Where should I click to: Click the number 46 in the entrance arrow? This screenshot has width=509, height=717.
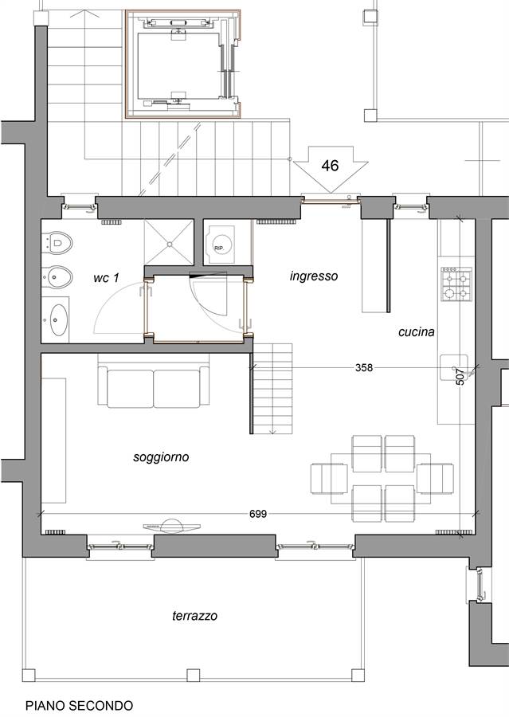(330, 165)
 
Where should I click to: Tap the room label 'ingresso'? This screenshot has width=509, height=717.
(314, 276)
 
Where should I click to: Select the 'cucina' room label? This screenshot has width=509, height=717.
(416, 331)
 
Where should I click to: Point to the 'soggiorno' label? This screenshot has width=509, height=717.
(161, 457)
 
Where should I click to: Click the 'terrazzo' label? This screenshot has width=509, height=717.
(195, 616)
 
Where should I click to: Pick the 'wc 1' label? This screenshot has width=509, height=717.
(106, 277)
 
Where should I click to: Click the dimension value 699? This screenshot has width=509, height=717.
(258, 514)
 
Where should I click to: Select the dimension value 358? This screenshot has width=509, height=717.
(364, 367)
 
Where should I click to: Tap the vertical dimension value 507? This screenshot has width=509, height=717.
(460, 377)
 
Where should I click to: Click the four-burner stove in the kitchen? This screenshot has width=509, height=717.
(456, 284)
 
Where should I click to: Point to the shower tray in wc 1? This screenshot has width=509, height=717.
(169, 242)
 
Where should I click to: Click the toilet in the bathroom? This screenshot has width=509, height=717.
(57, 242)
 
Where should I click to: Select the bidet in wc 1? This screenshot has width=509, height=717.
(57, 276)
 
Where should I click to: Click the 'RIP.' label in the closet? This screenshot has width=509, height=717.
(218, 248)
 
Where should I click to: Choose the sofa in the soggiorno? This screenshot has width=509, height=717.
(154, 387)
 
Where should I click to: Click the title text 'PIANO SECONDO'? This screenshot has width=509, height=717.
(79, 706)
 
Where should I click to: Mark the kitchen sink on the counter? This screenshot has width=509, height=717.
(454, 367)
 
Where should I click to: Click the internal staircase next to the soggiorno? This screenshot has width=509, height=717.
(272, 389)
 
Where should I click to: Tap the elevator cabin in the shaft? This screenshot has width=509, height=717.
(178, 66)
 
